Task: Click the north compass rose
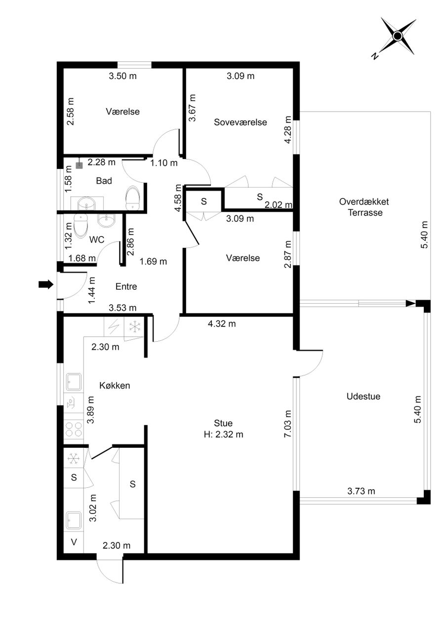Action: click(x=398, y=36)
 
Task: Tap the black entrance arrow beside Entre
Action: click(x=46, y=284)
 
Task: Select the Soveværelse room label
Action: click(x=240, y=122)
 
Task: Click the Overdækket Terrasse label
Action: click(x=364, y=207)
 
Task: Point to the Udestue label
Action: click(x=364, y=396)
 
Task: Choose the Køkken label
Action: click(x=115, y=386)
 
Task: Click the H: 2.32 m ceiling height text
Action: click(x=223, y=434)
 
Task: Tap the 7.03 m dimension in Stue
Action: click(x=287, y=424)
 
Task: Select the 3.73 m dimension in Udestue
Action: click(x=361, y=491)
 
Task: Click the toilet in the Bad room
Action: click(x=132, y=198)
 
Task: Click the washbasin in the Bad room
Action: click(x=86, y=204)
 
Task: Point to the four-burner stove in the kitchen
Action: click(x=74, y=430)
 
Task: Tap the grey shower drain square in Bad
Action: click(x=80, y=166)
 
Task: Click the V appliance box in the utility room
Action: click(x=74, y=542)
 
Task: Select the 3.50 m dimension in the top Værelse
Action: click(x=123, y=76)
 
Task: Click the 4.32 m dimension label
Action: click(x=222, y=323)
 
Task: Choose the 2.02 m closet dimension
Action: click(x=279, y=204)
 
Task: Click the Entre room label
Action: click(x=126, y=286)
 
